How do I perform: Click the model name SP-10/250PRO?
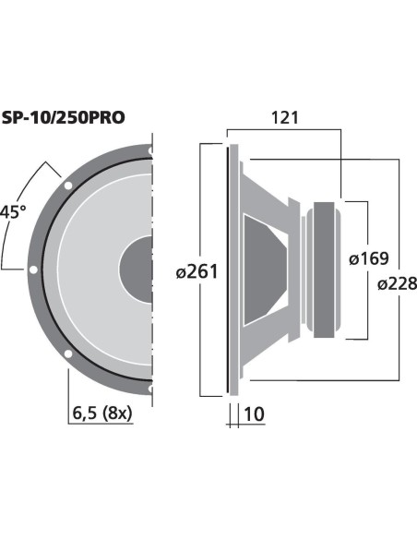[x=63, y=118]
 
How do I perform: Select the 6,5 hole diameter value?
[x=85, y=413]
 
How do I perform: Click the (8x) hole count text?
[x=117, y=413]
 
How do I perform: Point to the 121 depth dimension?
[x=285, y=118]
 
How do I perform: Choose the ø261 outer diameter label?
[x=197, y=271]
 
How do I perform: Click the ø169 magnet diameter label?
[x=369, y=258]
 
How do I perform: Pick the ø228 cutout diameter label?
[x=397, y=284]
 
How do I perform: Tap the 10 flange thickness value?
[x=255, y=413]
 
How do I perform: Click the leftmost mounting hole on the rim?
[x=33, y=269]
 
